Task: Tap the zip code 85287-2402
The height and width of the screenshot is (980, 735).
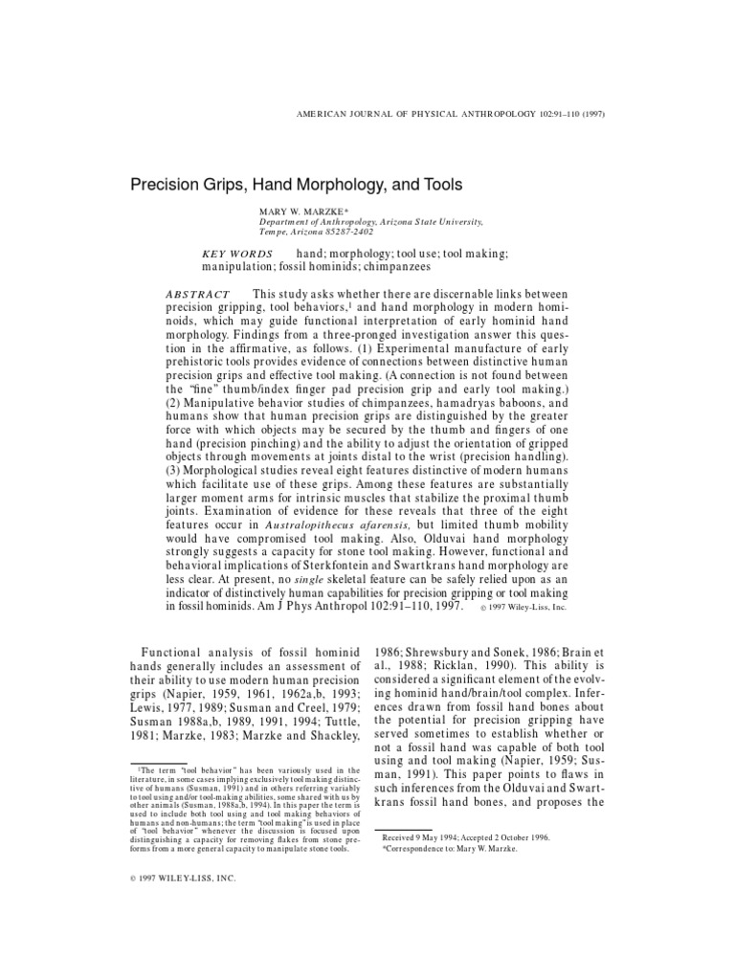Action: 353,231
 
